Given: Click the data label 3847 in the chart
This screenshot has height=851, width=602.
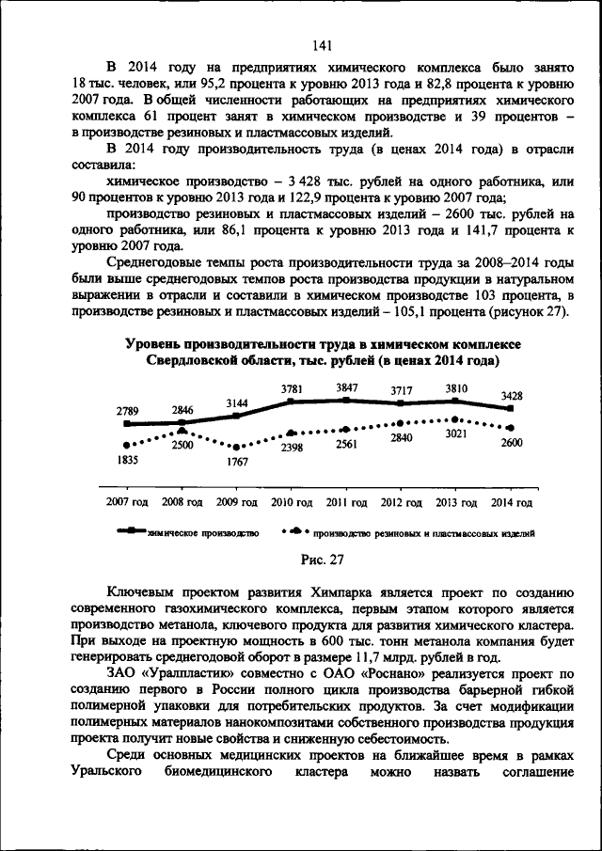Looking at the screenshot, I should [x=348, y=388].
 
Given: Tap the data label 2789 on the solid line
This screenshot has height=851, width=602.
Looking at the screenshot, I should [x=129, y=410].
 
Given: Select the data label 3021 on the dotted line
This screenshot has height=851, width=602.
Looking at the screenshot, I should [x=455, y=433].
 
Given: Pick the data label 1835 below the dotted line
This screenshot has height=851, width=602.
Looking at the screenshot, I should [x=129, y=459].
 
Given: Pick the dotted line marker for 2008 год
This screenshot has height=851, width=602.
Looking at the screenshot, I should [x=182, y=431].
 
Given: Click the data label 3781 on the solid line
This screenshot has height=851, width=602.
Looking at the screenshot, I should [x=293, y=389].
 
